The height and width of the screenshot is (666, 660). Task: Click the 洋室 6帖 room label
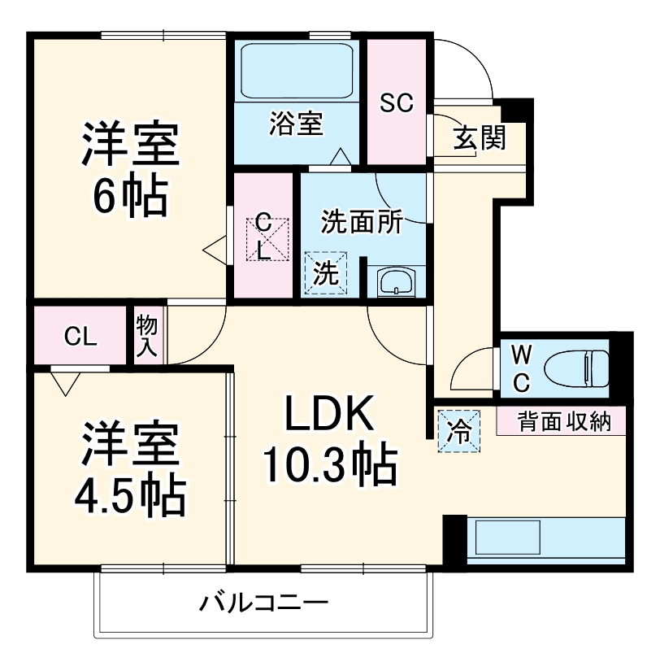click(x=128, y=168)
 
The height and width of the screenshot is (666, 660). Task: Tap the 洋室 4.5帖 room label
click(x=130, y=468)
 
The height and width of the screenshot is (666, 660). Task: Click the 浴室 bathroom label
click(x=297, y=124)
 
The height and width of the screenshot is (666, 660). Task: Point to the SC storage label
click(x=397, y=102)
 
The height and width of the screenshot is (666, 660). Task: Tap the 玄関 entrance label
click(x=480, y=138)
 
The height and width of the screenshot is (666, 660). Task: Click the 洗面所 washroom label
click(x=361, y=222)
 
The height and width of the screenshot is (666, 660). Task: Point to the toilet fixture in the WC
click(x=577, y=367)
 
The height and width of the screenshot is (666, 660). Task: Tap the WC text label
click(x=521, y=368)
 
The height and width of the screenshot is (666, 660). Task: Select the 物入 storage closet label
click(x=147, y=333)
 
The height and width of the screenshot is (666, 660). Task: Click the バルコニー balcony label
click(x=263, y=603)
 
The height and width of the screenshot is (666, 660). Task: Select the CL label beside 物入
click(x=80, y=335)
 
